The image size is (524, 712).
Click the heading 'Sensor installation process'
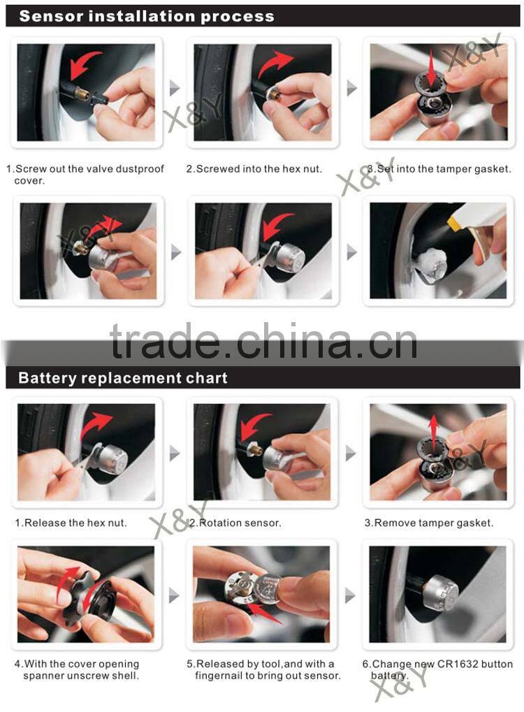(x=147, y=16)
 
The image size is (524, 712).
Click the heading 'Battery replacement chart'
(x=123, y=379)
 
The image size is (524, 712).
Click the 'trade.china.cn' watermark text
(x=263, y=342)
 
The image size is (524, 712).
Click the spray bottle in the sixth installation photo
(x=482, y=227)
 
